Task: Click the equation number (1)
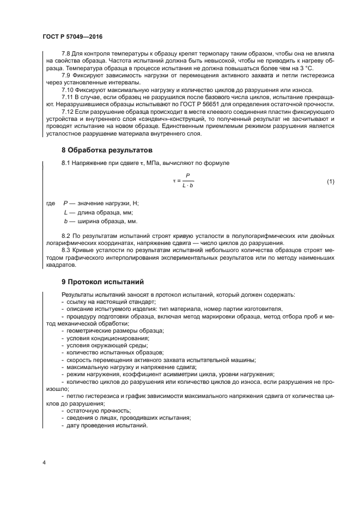[331, 181]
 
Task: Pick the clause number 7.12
[69, 111]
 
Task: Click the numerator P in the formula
[187, 176]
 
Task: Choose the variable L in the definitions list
[65, 212]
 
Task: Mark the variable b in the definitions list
[65, 222]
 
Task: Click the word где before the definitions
[51, 203]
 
